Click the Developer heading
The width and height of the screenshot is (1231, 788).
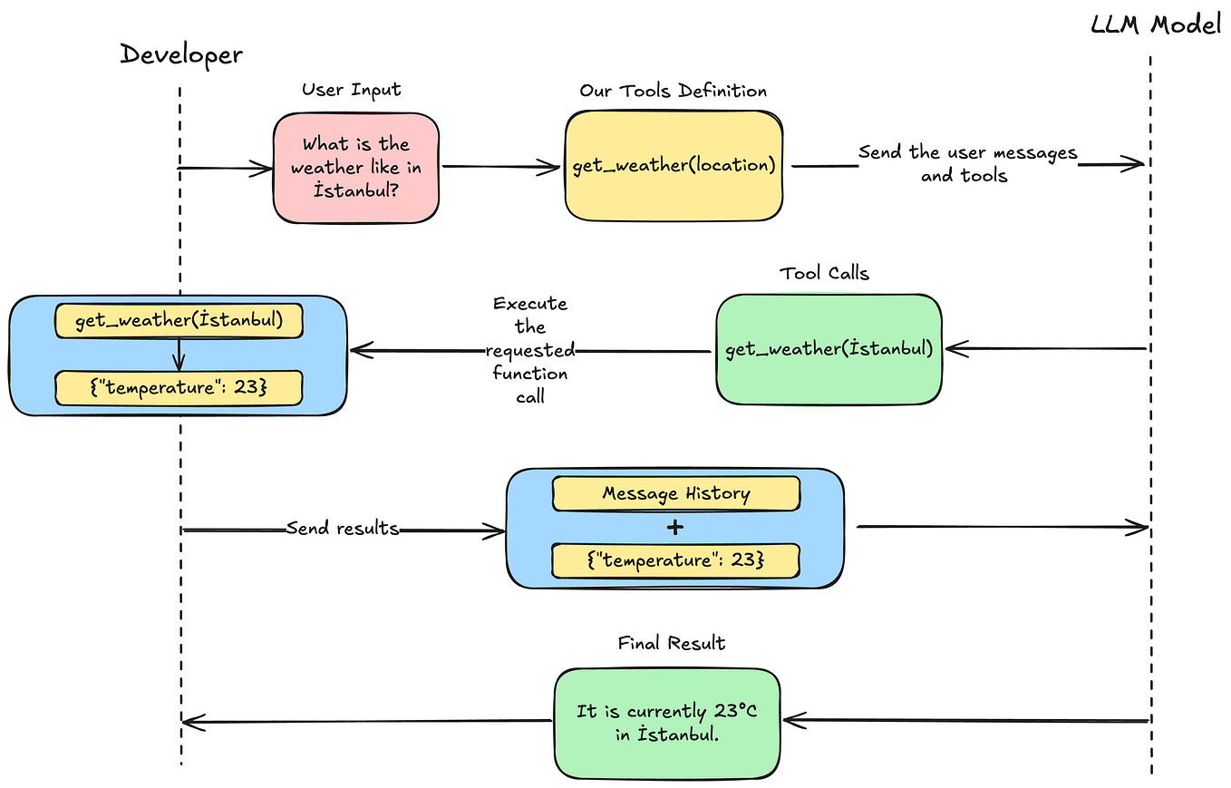pos(181,55)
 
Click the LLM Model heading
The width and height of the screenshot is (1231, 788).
pos(1156,24)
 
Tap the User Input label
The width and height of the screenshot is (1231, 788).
pos(351,90)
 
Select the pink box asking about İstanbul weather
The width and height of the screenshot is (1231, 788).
pos(356,168)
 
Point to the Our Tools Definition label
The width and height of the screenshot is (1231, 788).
pos(673,91)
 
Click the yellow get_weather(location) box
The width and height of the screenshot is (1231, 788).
pos(674,166)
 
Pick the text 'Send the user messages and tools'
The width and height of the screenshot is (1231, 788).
pos(966,163)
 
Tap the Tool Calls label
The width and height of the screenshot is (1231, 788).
pos(824,272)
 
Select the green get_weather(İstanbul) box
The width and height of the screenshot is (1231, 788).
pos(829,349)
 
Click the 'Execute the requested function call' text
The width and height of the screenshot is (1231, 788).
pos(530,349)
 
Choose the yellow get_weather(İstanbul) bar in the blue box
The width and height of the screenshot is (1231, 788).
pos(178,321)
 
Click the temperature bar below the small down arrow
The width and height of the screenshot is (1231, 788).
pos(178,387)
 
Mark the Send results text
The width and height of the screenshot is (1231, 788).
pos(343,528)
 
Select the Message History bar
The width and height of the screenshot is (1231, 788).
pos(676,493)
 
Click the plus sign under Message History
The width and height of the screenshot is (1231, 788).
pos(675,528)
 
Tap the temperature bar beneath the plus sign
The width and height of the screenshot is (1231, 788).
pos(676,560)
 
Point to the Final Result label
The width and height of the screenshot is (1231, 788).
pos(671,643)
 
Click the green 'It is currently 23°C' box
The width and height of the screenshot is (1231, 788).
pos(666,722)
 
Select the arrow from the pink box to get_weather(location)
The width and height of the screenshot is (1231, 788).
pos(501,167)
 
